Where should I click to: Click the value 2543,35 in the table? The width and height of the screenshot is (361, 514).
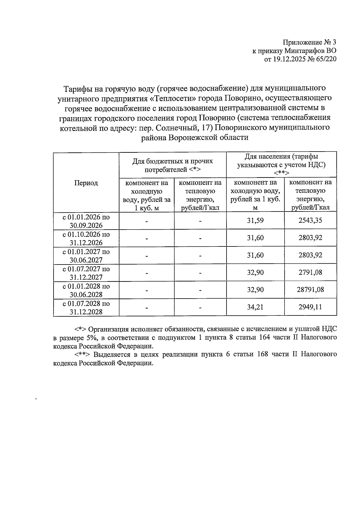coord(310,220)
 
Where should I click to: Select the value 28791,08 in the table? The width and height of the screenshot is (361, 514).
coord(310,290)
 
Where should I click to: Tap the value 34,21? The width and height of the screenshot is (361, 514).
coord(255,307)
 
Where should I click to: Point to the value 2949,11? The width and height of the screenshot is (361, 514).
coord(310,307)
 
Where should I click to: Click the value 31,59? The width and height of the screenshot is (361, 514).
coord(255,220)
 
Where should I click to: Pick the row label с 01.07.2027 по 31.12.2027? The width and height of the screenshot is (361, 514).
coord(86,273)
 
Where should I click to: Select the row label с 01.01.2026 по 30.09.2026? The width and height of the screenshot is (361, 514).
coord(86,221)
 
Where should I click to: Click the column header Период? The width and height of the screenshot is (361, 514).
coord(86,183)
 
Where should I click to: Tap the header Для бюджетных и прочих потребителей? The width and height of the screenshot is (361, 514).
coord(173,165)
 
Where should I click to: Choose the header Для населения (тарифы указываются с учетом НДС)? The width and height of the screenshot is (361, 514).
coord(281,165)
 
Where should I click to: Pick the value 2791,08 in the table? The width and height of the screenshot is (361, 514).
coord(310,272)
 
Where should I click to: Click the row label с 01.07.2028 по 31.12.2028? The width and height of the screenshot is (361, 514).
coord(86,308)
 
